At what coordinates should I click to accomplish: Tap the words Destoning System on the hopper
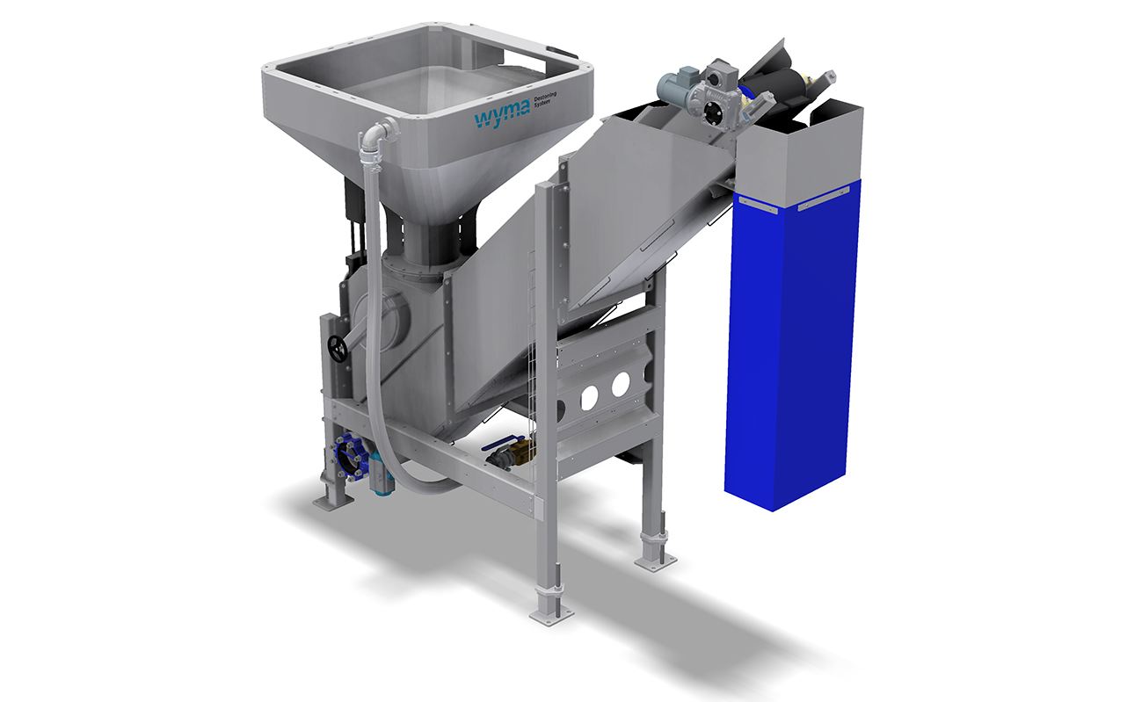545,99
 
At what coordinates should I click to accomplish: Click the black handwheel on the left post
337,348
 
